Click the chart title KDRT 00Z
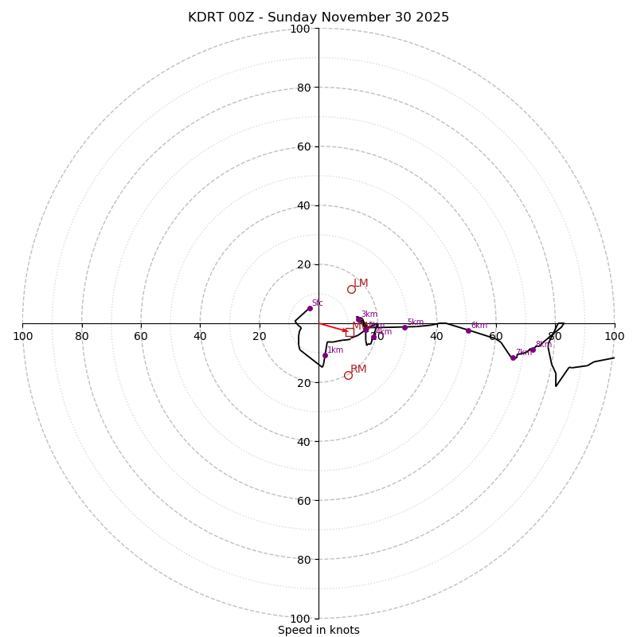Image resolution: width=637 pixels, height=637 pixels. click(x=318, y=18)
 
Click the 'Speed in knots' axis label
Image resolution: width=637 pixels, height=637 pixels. click(x=318, y=630)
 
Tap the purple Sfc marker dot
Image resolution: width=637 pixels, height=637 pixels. click(x=310, y=308)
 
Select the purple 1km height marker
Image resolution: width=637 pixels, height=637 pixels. click(x=325, y=355)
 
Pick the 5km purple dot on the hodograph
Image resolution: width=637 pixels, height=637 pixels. click(x=404, y=327)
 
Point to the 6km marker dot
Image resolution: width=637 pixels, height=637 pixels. click(x=468, y=330)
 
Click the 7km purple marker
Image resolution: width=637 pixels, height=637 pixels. click(x=513, y=358)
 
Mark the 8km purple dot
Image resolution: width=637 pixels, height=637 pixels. click(x=533, y=350)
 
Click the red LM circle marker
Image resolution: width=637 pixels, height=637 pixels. click(x=351, y=289)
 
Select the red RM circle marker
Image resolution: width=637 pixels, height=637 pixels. click(x=348, y=375)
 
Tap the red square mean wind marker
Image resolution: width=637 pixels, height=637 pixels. click(x=350, y=333)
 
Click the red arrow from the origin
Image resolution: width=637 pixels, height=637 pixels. click(x=333, y=327)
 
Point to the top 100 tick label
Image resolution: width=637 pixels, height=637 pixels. click(x=300, y=29)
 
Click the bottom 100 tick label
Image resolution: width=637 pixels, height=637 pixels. click(x=300, y=618)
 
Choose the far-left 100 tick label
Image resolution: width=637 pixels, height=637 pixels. click(x=22, y=336)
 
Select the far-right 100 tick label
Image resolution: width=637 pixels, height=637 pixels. click(x=614, y=336)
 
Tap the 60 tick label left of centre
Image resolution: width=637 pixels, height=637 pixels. click(x=141, y=336)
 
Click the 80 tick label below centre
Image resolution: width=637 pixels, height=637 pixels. click(x=303, y=559)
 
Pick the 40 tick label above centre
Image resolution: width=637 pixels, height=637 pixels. click(x=303, y=205)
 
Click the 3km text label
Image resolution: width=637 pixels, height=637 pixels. click(x=369, y=315)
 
